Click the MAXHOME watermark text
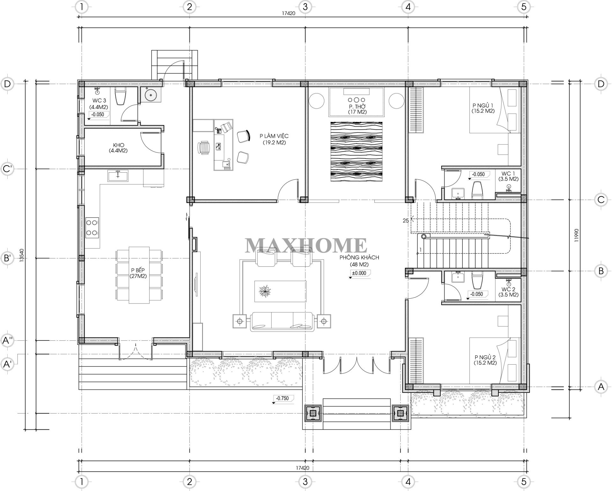pyautogui.click(x=306, y=245)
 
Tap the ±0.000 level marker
pyautogui.click(x=359, y=273)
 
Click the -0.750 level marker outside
pyautogui.click(x=282, y=398)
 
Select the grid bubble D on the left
pyautogui.click(x=8, y=84)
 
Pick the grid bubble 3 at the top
pyautogui.click(x=305, y=7)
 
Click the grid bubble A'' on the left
pyautogui.click(x=8, y=340)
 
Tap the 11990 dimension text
pyautogui.click(x=576, y=235)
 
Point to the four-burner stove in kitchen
pyautogui.click(x=92, y=228)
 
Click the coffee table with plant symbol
pyautogui.click(x=280, y=291)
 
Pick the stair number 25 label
pyautogui.click(x=406, y=220)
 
